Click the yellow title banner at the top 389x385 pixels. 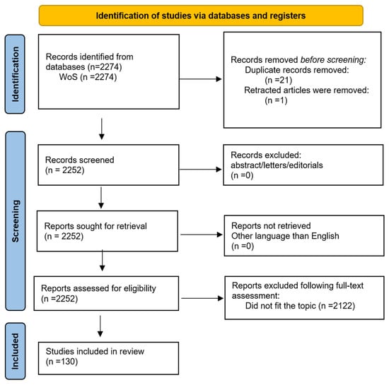tap(201, 16)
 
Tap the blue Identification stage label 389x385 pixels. tap(15, 74)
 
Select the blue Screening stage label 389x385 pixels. tap(15, 220)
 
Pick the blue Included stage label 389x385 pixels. tap(15, 351)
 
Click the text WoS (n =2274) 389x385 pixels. tap(88, 77)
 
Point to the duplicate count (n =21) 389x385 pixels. tap(279, 80)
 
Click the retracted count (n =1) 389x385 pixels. tap(276, 100)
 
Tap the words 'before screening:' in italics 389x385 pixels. tap(333, 60)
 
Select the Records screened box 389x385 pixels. tap(108, 165)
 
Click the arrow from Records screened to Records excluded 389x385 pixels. tap(200, 170)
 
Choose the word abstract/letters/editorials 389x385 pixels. tap(277, 165)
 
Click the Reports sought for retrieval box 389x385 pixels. tap(108, 231)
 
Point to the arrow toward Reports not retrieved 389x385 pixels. tap(201, 235)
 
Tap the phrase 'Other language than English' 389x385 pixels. tap(285, 236)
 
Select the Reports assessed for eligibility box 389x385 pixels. tap(106, 293)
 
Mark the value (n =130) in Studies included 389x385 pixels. tap(62, 362)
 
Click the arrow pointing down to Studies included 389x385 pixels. tap(100, 326)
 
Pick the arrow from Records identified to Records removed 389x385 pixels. tap(200, 79)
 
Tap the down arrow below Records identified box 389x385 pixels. tap(101, 129)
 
